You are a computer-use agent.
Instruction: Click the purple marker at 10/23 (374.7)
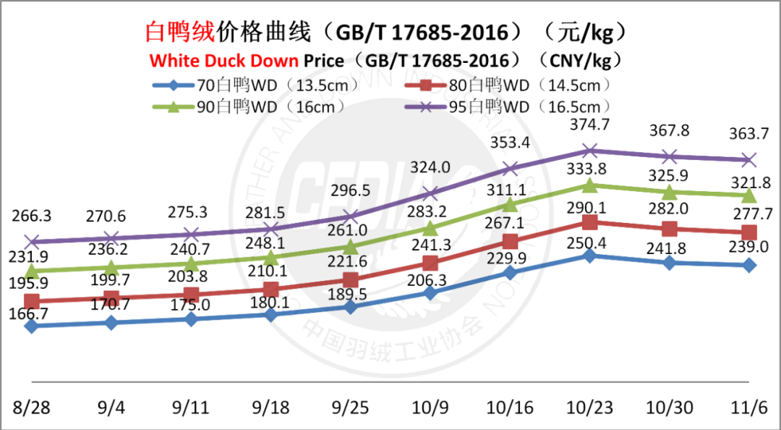click(590, 151)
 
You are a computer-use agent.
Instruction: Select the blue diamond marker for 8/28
click(31, 326)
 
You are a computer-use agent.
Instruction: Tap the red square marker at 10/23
click(590, 222)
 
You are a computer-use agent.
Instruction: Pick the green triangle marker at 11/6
click(749, 195)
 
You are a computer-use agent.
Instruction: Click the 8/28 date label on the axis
click(30, 408)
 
